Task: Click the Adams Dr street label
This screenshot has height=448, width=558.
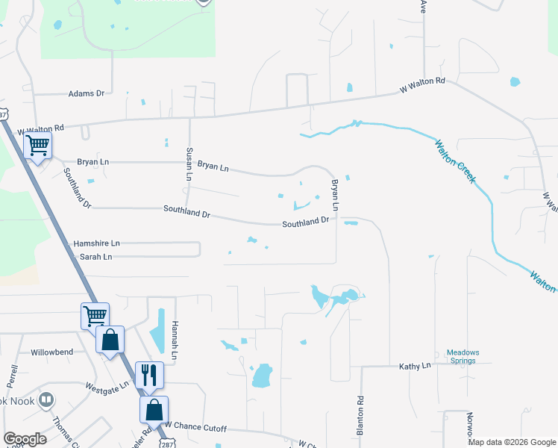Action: pyautogui.click(x=87, y=93)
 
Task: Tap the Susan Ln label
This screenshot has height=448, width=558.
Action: pyautogui.click(x=189, y=164)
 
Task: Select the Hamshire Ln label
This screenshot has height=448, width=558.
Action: pyautogui.click(x=96, y=243)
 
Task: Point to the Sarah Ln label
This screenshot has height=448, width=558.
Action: pyautogui.click(x=96, y=257)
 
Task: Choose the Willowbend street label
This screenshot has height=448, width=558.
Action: pyautogui.click(x=52, y=352)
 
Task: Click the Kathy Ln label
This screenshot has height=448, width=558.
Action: pyautogui.click(x=415, y=366)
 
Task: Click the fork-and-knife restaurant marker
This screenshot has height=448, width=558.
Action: pyautogui.click(x=149, y=375)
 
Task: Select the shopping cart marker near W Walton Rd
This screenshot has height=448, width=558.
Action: pyautogui.click(x=37, y=145)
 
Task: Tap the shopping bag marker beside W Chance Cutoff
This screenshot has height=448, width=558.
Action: pyautogui.click(x=154, y=409)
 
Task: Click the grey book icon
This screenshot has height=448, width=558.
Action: pyautogui.click(x=47, y=401)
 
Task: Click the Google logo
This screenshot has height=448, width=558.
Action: pyautogui.click(x=25, y=439)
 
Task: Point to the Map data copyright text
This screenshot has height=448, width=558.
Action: pyautogui.click(x=512, y=442)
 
